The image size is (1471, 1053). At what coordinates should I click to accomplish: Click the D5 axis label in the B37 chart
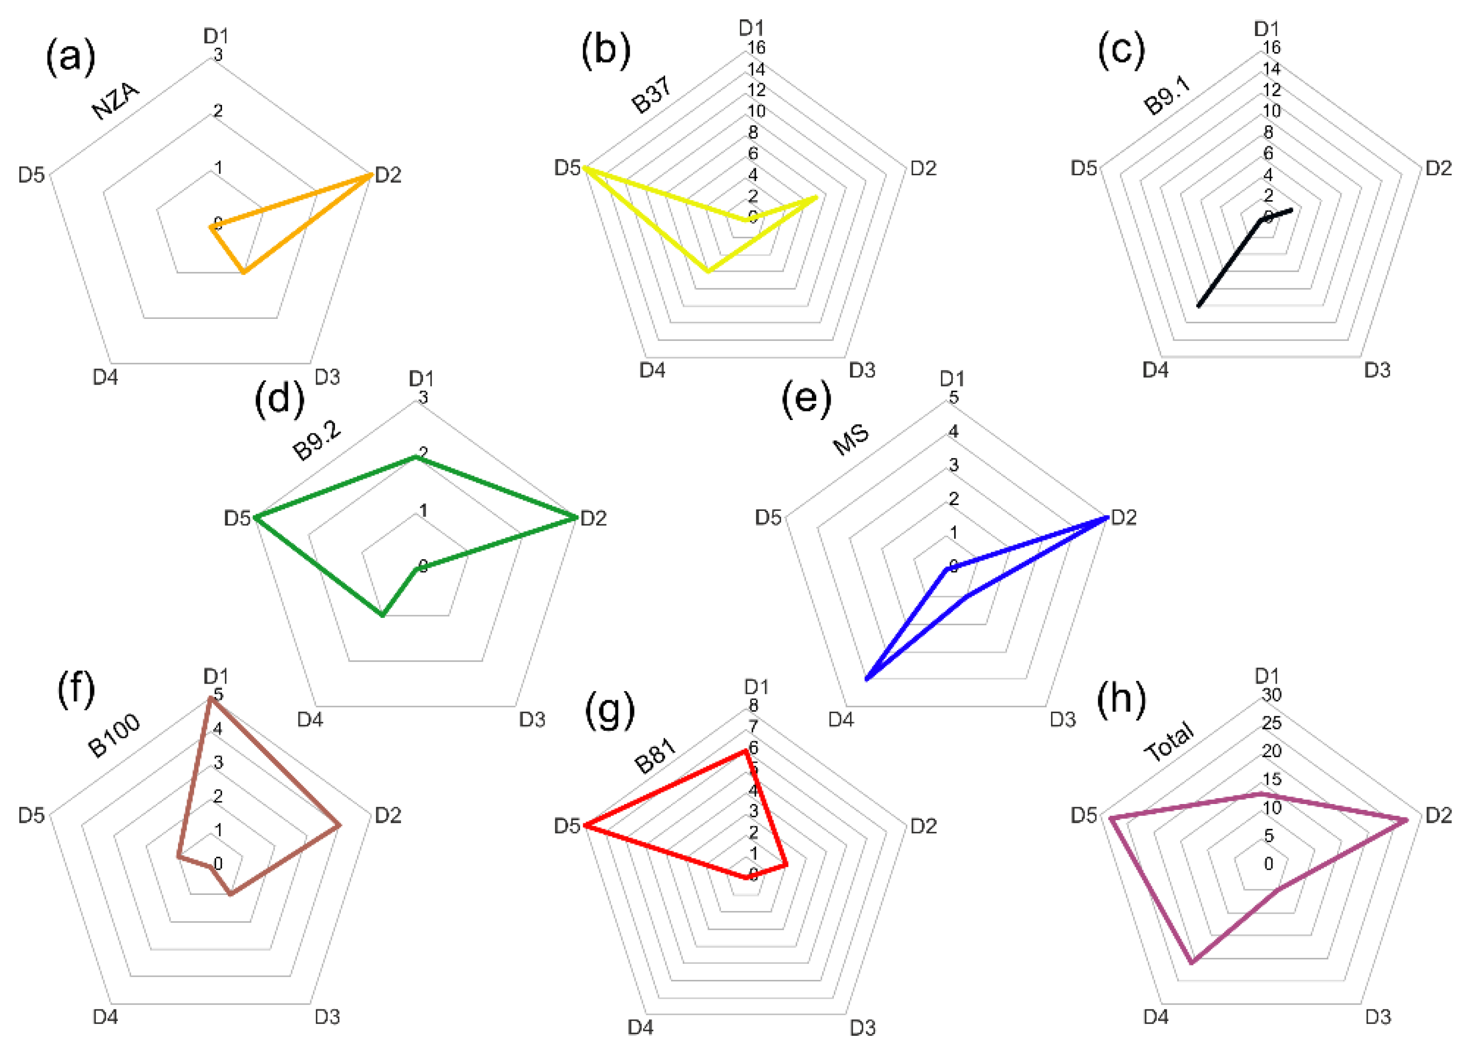click(567, 168)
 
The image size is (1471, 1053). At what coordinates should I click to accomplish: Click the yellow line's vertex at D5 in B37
click(584, 168)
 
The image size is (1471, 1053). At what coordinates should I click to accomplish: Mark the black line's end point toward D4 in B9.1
click(1198, 305)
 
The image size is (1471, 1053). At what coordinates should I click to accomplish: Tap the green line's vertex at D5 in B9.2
click(256, 518)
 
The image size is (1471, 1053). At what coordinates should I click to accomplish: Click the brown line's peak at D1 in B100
click(210, 698)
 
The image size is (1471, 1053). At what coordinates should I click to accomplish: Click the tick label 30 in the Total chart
click(1272, 694)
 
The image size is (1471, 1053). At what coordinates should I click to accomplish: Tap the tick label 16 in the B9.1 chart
click(1272, 47)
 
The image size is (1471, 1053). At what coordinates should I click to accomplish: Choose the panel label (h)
click(1121, 699)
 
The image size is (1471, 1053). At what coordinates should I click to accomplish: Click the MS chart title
click(851, 440)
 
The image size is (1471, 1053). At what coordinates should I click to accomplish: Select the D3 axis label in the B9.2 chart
click(532, 719)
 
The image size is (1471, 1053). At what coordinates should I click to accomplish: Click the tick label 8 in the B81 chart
click(753, 705)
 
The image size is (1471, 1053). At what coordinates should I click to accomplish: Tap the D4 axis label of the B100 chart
click(105, 1016)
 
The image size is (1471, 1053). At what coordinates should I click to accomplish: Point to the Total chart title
click(1169, 742)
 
